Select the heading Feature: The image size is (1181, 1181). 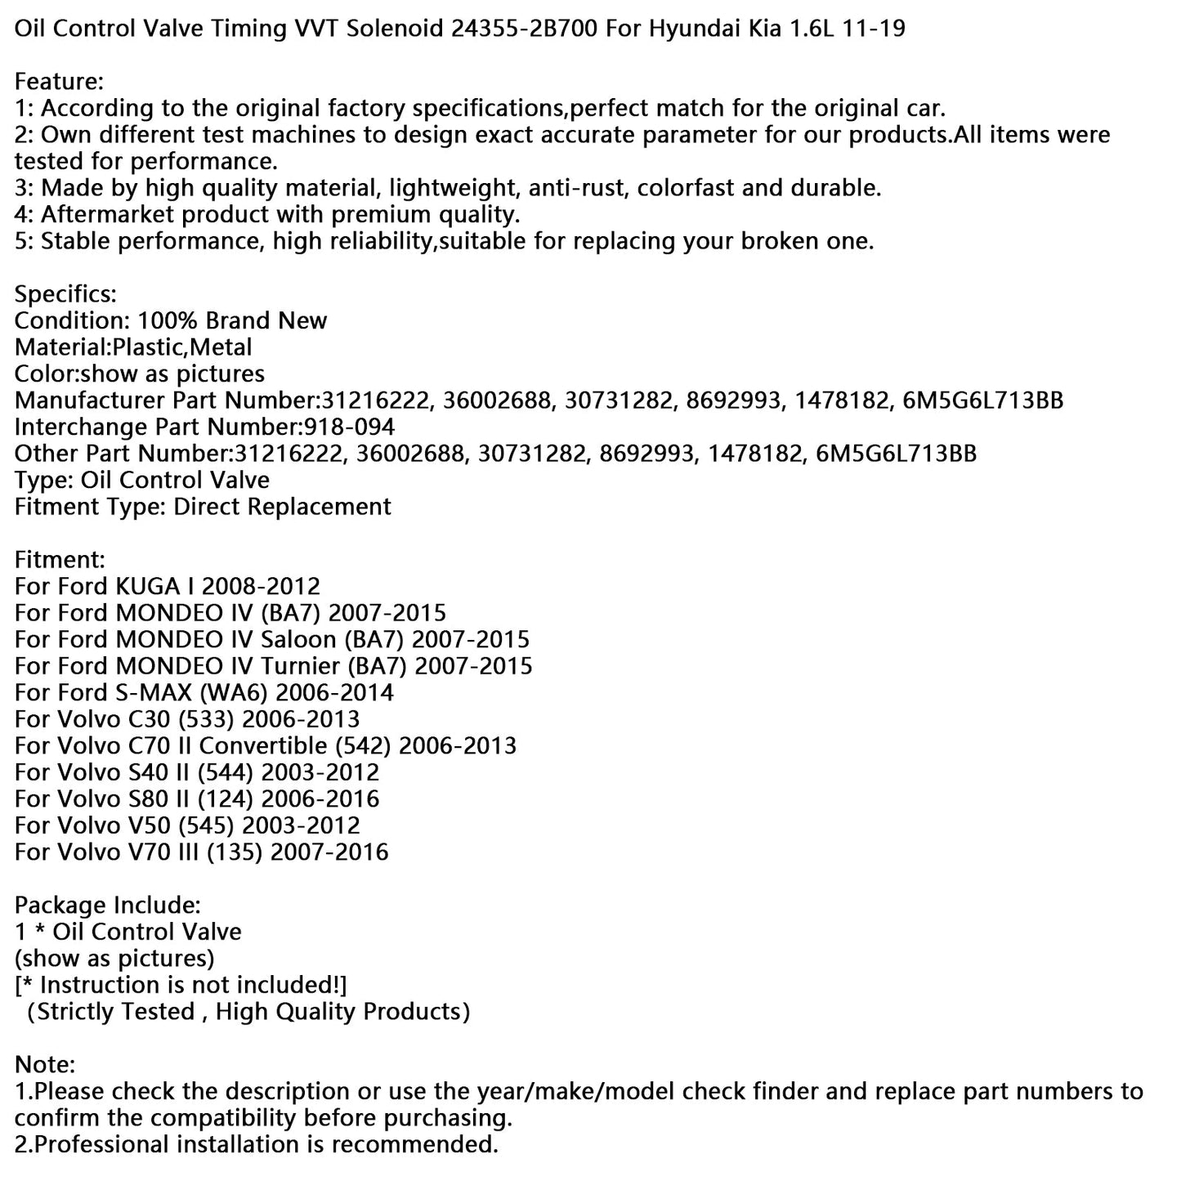59,82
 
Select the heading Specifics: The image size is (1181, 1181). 65,294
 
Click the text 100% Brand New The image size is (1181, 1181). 232,320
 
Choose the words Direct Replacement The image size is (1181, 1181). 282,507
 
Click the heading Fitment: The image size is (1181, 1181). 60,560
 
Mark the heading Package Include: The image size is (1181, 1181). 107,905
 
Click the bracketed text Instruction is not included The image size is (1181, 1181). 181,985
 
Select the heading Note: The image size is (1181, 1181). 45,1064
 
